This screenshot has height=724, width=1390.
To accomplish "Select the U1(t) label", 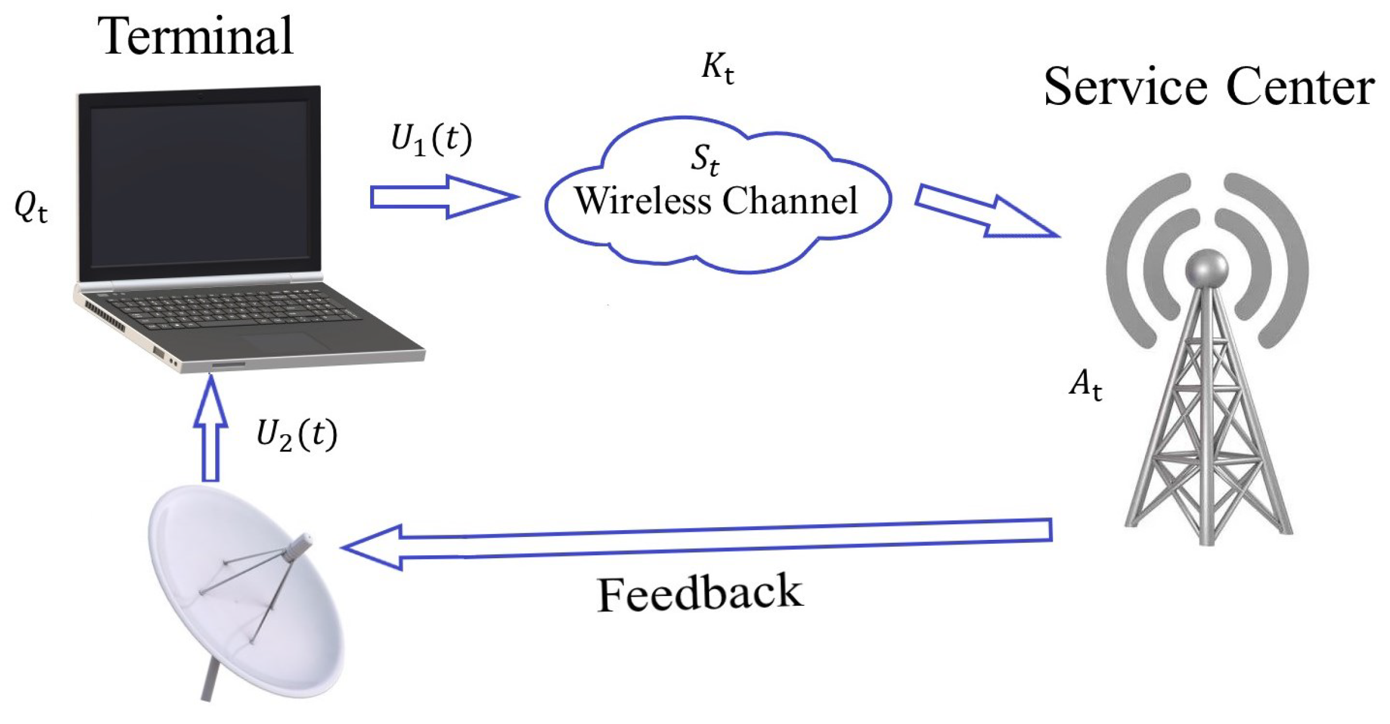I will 431,139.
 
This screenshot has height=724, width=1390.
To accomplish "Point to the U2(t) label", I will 296,435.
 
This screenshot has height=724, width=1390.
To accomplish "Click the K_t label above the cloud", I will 718,69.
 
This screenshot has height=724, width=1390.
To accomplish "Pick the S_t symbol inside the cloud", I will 705,159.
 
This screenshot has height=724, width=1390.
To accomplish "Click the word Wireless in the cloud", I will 643,201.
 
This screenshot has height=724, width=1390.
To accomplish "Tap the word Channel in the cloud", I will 790,201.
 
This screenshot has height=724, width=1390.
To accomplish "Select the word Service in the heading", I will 1124,87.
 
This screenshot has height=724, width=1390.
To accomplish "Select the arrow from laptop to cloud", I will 442,197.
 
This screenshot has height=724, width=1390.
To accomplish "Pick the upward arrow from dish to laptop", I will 211,430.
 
